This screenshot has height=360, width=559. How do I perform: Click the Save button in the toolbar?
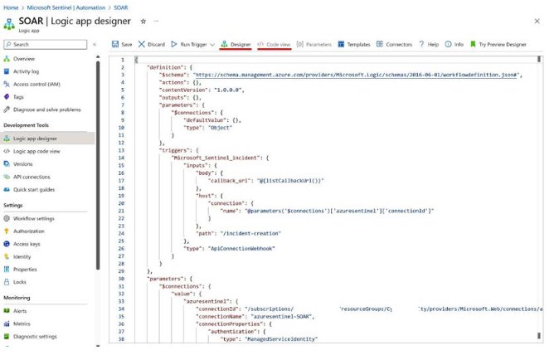point(121,44)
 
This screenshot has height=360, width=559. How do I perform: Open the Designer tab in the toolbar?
point(236,44)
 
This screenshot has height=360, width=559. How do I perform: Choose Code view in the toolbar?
point(274,44)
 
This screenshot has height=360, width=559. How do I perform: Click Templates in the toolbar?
point(354,44)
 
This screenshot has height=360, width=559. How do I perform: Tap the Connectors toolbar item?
point(395,44)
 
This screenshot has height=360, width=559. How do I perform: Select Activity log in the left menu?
point(27,71)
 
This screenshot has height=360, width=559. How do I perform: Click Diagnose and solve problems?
point(46,109)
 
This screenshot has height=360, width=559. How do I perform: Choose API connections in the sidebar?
point(32,177)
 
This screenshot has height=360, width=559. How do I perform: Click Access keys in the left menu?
point(27,244)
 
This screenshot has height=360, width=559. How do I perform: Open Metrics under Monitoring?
point(22,324)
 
